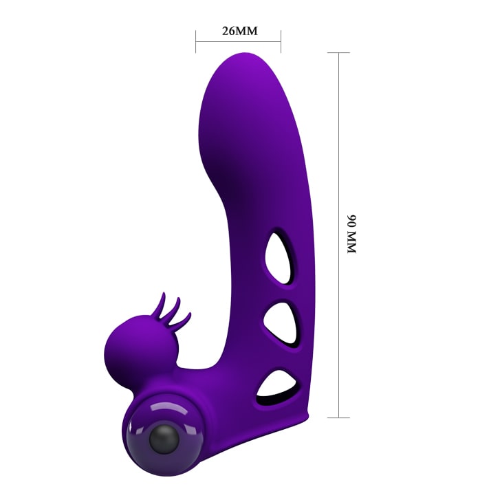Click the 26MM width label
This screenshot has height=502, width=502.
click(238, 32)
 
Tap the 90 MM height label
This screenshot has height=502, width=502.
click(352, 234)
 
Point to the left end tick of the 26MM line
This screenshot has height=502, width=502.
click(196, 41)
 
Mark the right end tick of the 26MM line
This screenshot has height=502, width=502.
click(281, 41)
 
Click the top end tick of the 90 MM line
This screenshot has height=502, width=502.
click(339, 53)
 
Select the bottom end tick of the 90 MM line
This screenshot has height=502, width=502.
click(339, 417)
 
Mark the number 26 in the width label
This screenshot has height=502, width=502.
click(228, 32)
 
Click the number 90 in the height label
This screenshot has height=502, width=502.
click(352, 221)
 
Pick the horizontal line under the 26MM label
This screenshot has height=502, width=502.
click(238, 41)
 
